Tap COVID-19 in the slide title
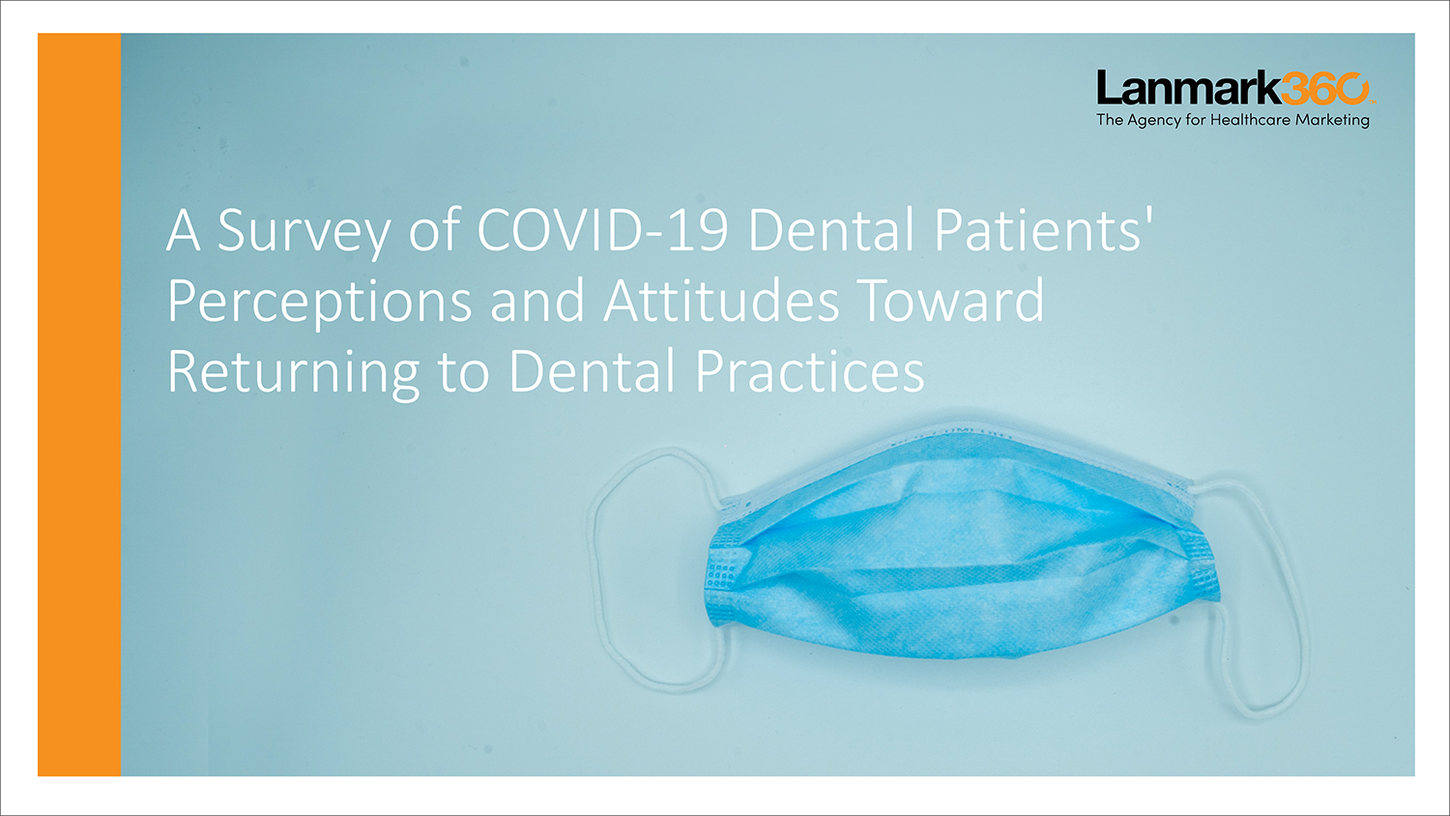click(x=602, y=229)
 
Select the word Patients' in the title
click(x=1043, y=229)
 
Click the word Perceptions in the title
click(x=320, y=303)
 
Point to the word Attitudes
click(x=721, y=300)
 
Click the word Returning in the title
click(x=293, y=373)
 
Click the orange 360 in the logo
click(x=1324, y=88)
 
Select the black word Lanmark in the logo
click(x=1188, y=88)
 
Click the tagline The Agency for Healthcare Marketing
click(x=1233, y=121)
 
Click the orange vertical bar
click(x=79, y=405)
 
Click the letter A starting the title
click(x=184, y=230)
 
